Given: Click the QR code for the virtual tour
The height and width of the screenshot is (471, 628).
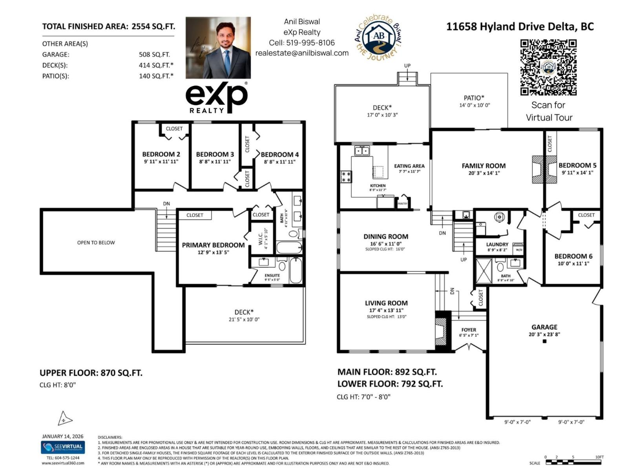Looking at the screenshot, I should click(x=548, y=67).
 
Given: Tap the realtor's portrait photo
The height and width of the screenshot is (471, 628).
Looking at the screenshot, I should click(x=218, y=47).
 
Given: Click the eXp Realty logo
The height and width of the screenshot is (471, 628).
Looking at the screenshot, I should click(x=216, y=98).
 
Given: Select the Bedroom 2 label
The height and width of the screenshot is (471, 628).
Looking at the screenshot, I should click(x=161, y=154).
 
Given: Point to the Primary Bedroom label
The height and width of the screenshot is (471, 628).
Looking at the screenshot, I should click(x=213, y=245).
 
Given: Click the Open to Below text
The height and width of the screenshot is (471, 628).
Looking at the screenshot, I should click(x=96, y=243).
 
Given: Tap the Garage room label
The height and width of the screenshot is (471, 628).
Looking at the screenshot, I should click(x=544, y=327).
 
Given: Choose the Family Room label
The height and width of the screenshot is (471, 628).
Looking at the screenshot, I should click(x=484, y=166).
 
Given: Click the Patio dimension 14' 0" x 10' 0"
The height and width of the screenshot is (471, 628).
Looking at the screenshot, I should click(x=475, y=105).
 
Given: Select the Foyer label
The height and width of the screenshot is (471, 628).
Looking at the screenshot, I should click(x=469, y=330).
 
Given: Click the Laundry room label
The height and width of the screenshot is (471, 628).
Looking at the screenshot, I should click(x=497, y=244).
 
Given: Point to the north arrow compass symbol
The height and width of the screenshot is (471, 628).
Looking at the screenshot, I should click(x=64, y=419).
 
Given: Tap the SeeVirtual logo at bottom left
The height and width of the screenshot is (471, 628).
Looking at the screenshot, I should click(x=63, y=447).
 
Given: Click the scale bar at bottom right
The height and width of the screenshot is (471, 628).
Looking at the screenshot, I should click(x=573, y=462).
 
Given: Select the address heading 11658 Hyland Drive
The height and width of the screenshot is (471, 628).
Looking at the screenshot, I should click(x=520, y=27).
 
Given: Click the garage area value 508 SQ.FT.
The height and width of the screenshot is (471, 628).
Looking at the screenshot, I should click(x=154, y=55).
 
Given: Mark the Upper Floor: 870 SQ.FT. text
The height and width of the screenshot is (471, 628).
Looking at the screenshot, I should click(x=91, y=373).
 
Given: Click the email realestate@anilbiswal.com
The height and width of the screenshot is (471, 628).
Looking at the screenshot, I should click(x=302, y=53).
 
